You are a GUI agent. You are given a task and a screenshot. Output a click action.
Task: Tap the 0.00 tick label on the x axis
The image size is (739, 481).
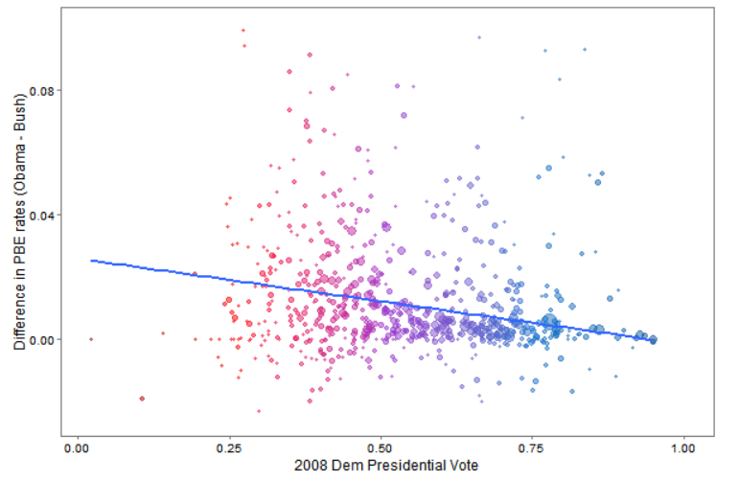[77, 448]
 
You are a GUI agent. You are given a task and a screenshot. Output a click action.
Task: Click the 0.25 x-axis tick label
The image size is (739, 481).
[229, 448]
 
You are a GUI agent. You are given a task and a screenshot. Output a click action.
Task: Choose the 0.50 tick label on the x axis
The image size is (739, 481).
[381, 448]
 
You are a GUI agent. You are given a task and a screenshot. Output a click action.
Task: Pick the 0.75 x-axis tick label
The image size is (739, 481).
[532, 448]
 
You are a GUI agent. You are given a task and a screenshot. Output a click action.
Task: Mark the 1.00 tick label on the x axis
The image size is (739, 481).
[682, 448]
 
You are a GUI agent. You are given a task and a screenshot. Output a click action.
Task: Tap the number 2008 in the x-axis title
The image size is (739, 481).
[312, 466]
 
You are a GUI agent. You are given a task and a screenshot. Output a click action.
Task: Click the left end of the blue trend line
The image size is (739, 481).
[91, 260]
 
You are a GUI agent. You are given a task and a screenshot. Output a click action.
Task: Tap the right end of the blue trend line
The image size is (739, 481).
[655, 339]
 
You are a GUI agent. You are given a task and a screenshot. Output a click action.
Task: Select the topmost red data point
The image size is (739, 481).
[243, 30]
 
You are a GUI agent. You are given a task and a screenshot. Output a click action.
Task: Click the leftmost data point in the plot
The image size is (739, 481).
[91, 339]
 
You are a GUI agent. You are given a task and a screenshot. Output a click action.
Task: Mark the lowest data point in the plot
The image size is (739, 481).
[259, 411]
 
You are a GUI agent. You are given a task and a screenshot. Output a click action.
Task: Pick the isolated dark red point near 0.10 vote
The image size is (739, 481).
[142, 399]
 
